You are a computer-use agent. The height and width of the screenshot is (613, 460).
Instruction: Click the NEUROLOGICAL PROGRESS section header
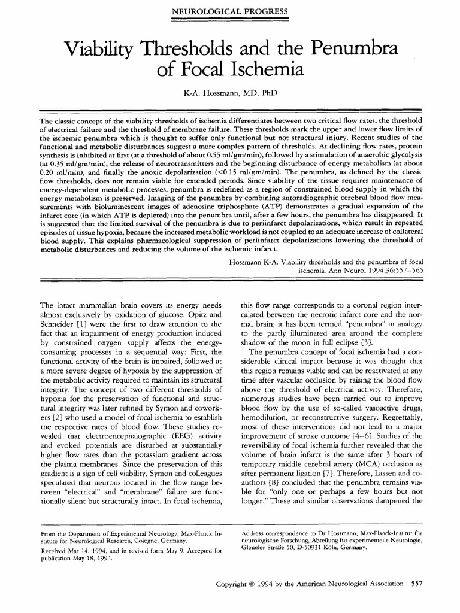click(x=230, y=12)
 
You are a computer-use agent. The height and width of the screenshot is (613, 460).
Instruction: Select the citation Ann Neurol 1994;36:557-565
click(x=360, y=271)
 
